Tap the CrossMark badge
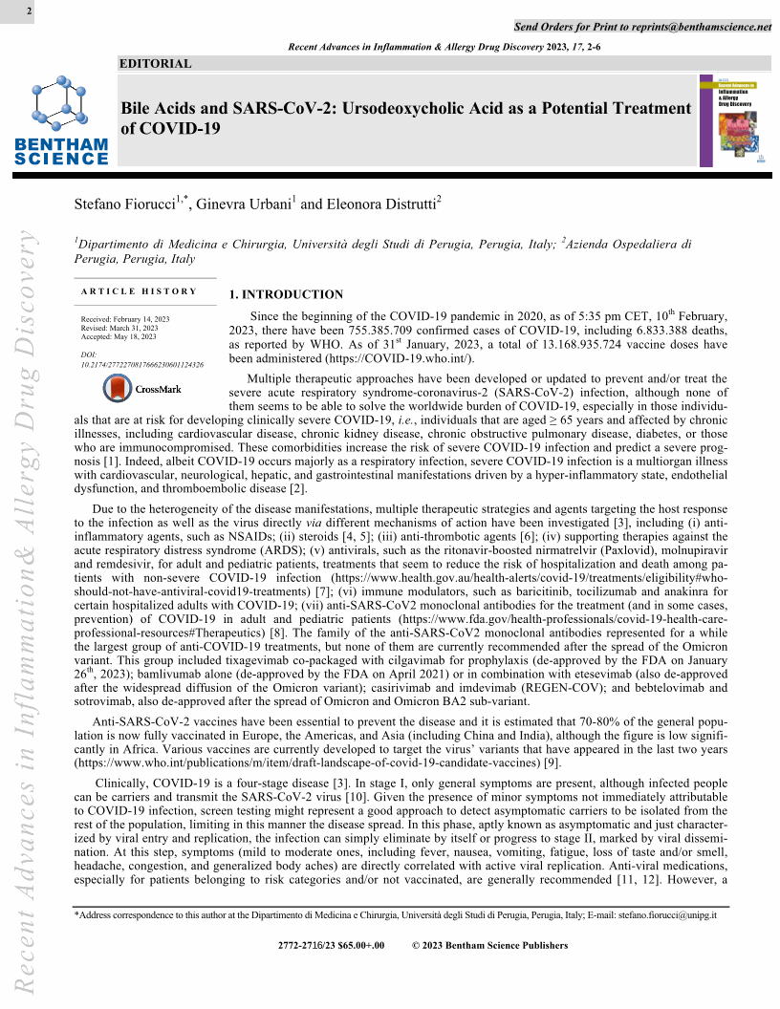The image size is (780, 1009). [x=142, y=389]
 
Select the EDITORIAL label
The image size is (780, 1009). [x=156, y=64]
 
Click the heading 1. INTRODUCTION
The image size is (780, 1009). [x=286, y=294]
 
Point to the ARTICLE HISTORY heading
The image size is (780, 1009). [x=140, y=291]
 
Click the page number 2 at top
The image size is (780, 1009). [x=30, y=11]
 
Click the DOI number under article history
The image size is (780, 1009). [x=148, y=364]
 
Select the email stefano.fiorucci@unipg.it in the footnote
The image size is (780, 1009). [x=666, y=914]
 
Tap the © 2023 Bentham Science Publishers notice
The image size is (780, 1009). [x=489, y=946]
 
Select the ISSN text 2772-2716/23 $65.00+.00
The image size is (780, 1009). [x=331, y=946]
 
